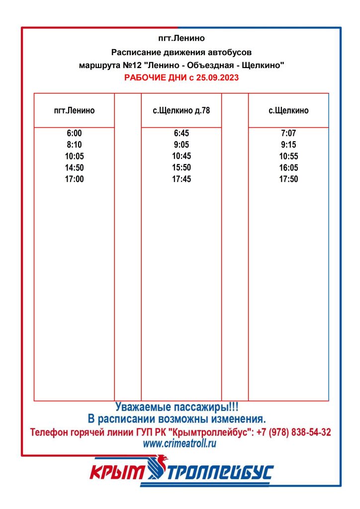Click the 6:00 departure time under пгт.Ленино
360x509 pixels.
tap(74, 133)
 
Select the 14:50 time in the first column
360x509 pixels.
tap(74, 168)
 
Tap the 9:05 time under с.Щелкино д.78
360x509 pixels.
tap(181, 145)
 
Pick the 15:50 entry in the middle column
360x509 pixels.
tap(181, 168)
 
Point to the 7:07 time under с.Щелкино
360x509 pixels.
tap(288, 133)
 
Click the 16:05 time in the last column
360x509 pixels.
tap(288, 168)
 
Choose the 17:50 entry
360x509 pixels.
tap(288, 179)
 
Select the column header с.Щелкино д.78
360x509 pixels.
tap(181, 110)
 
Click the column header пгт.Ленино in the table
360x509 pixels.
tap(74, 110)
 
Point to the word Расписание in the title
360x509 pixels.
tap(135, 52)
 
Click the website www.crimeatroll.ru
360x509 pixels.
tap(180, 444)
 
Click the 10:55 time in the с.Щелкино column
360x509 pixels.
tap(288, 156)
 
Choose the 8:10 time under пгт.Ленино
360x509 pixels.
tap(74, 145)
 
